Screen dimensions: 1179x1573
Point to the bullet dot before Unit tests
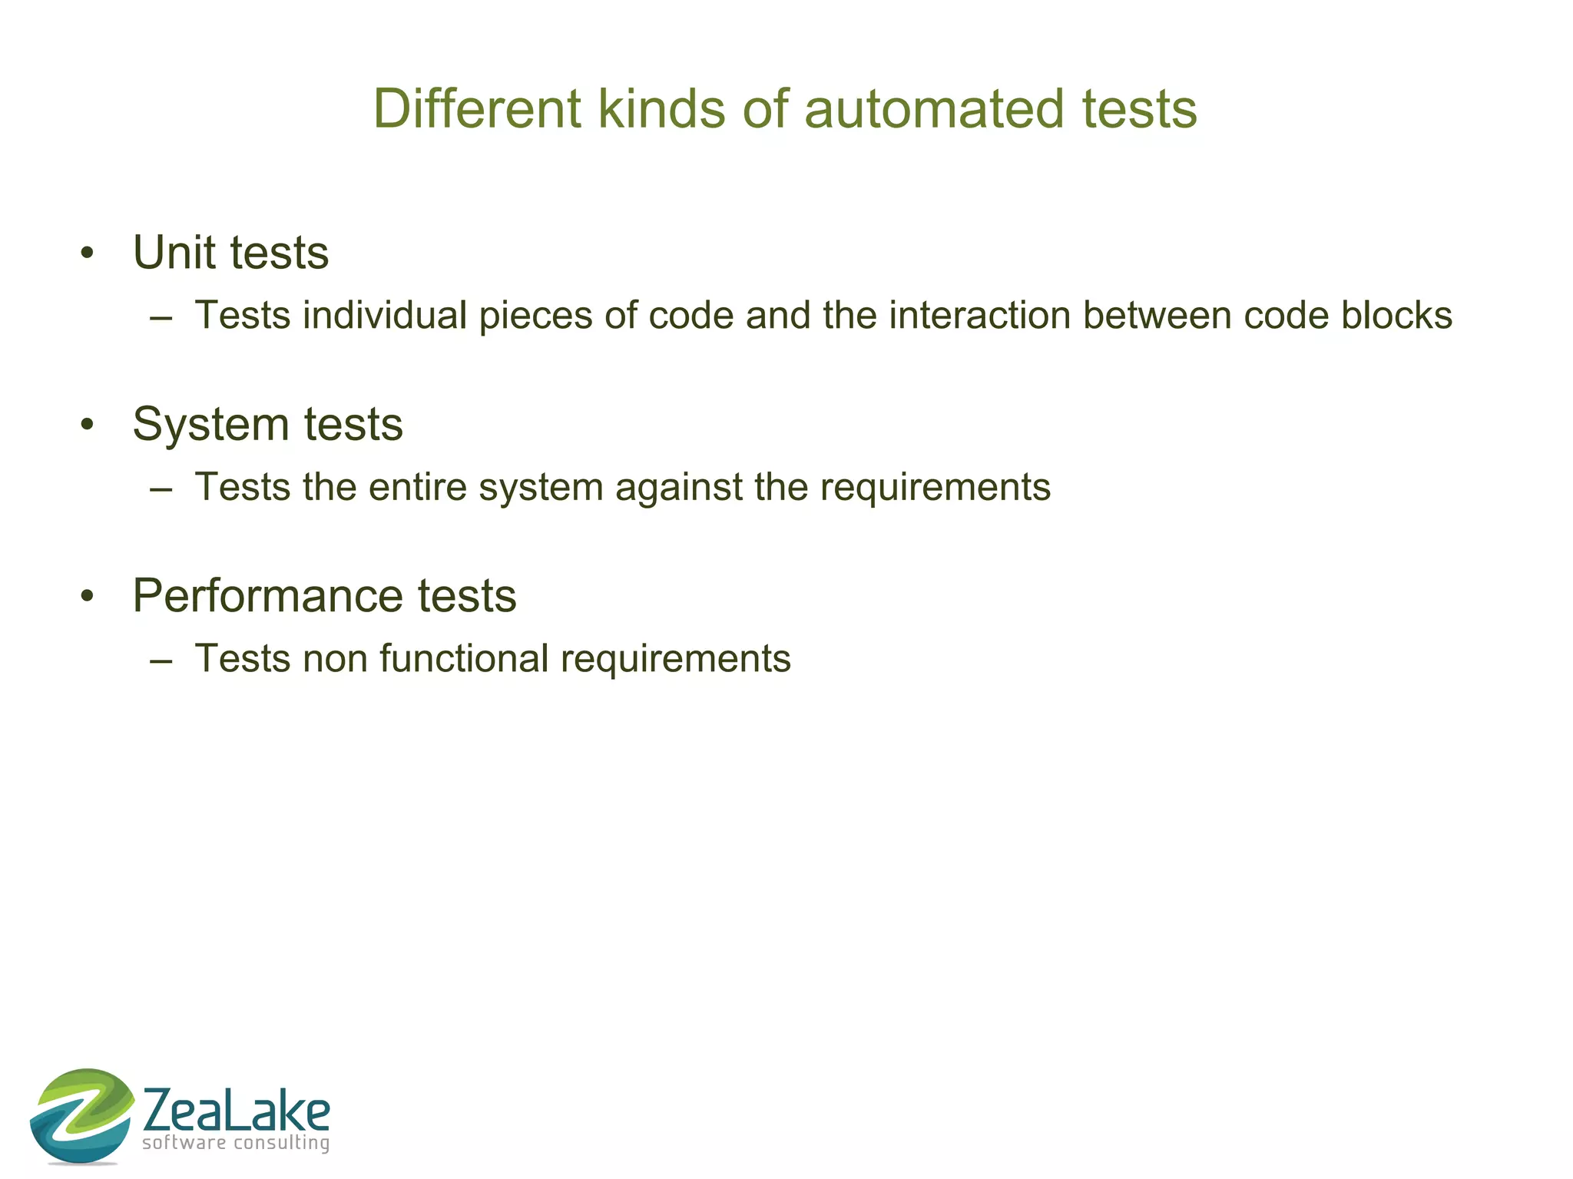point(87,253)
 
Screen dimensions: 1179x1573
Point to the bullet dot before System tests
point(87,424)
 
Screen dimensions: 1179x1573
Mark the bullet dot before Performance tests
point(87,595)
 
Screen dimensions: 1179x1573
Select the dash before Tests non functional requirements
point(161,659)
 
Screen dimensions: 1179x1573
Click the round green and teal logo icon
point(81,1114)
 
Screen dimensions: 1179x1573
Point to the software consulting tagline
point(236,1143)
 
